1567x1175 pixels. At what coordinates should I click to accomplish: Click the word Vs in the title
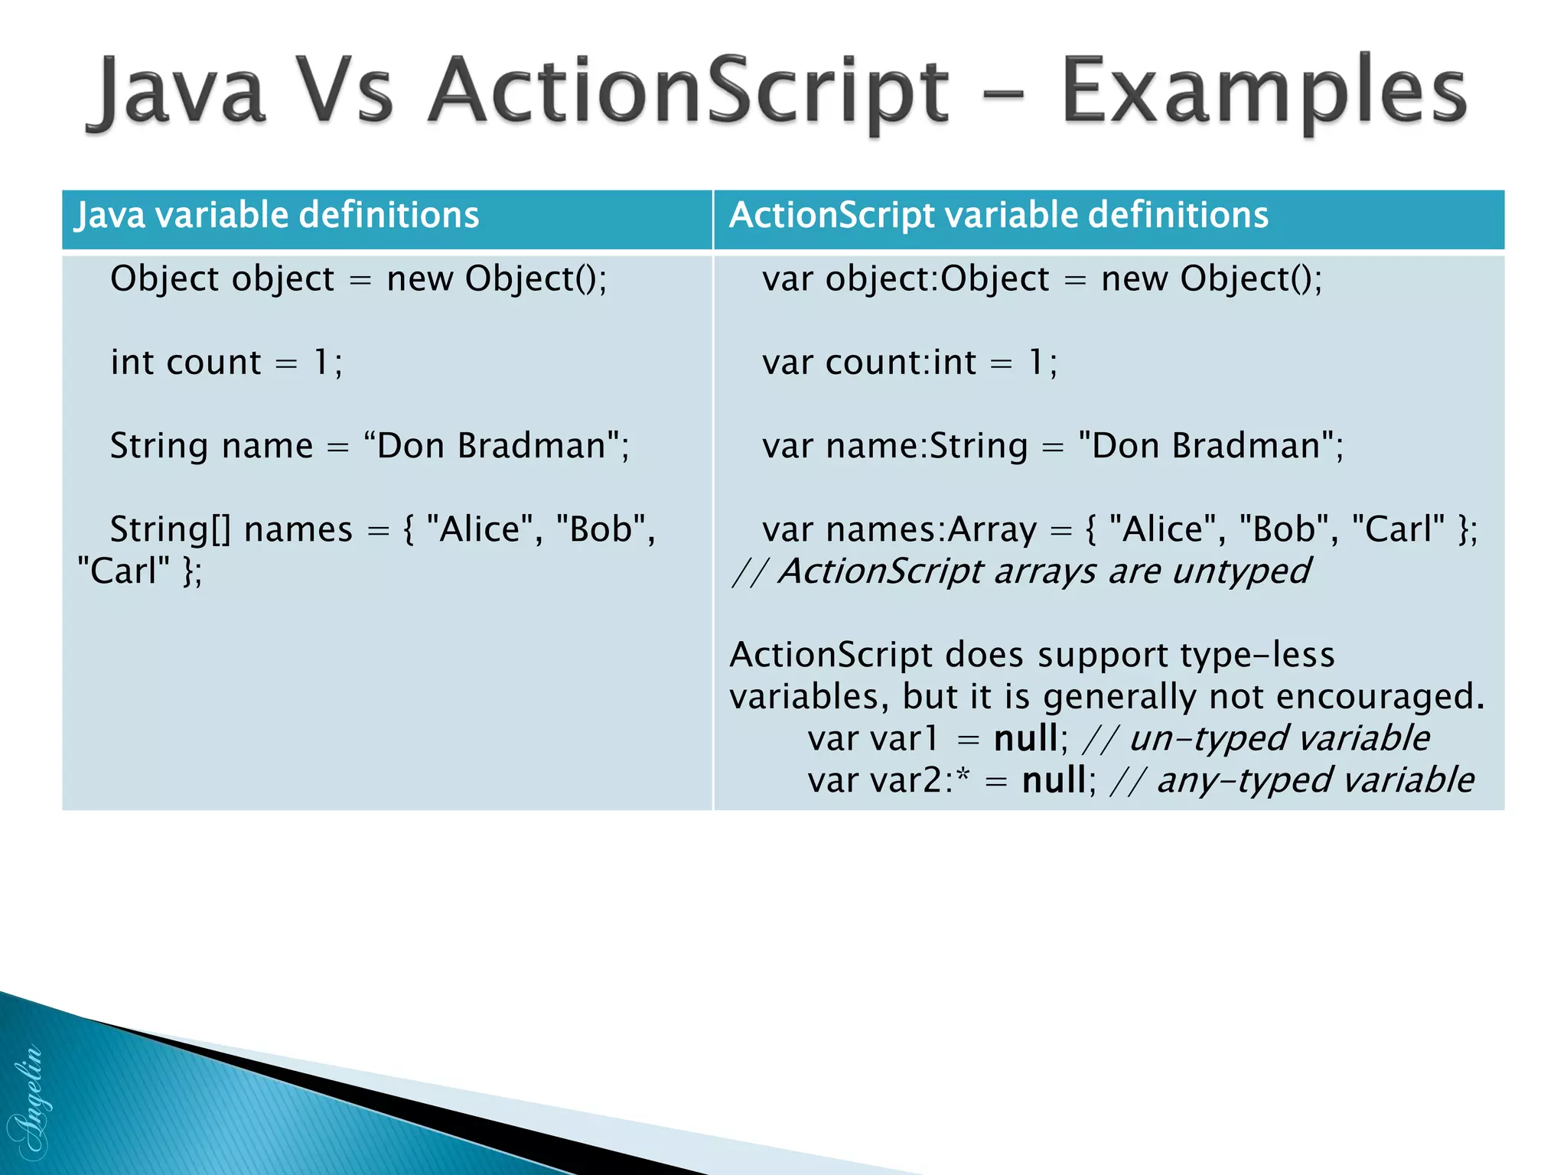(344, 92)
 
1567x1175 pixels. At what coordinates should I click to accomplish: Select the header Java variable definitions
(277, 215)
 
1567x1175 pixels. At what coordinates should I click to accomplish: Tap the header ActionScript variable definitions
(999, 215)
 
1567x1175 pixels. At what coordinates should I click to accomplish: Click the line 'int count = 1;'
(226, 362)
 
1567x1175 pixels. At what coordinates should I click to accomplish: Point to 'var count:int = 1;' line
(910, 362)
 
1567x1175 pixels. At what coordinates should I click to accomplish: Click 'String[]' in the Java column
(170, 529)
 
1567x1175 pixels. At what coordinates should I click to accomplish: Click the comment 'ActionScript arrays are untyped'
(1044, 571)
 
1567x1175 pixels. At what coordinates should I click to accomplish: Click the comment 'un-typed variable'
(1279, 739)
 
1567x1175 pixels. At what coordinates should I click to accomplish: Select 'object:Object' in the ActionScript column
(937, 278)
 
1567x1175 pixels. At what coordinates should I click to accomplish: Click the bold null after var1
(1025, 739)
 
